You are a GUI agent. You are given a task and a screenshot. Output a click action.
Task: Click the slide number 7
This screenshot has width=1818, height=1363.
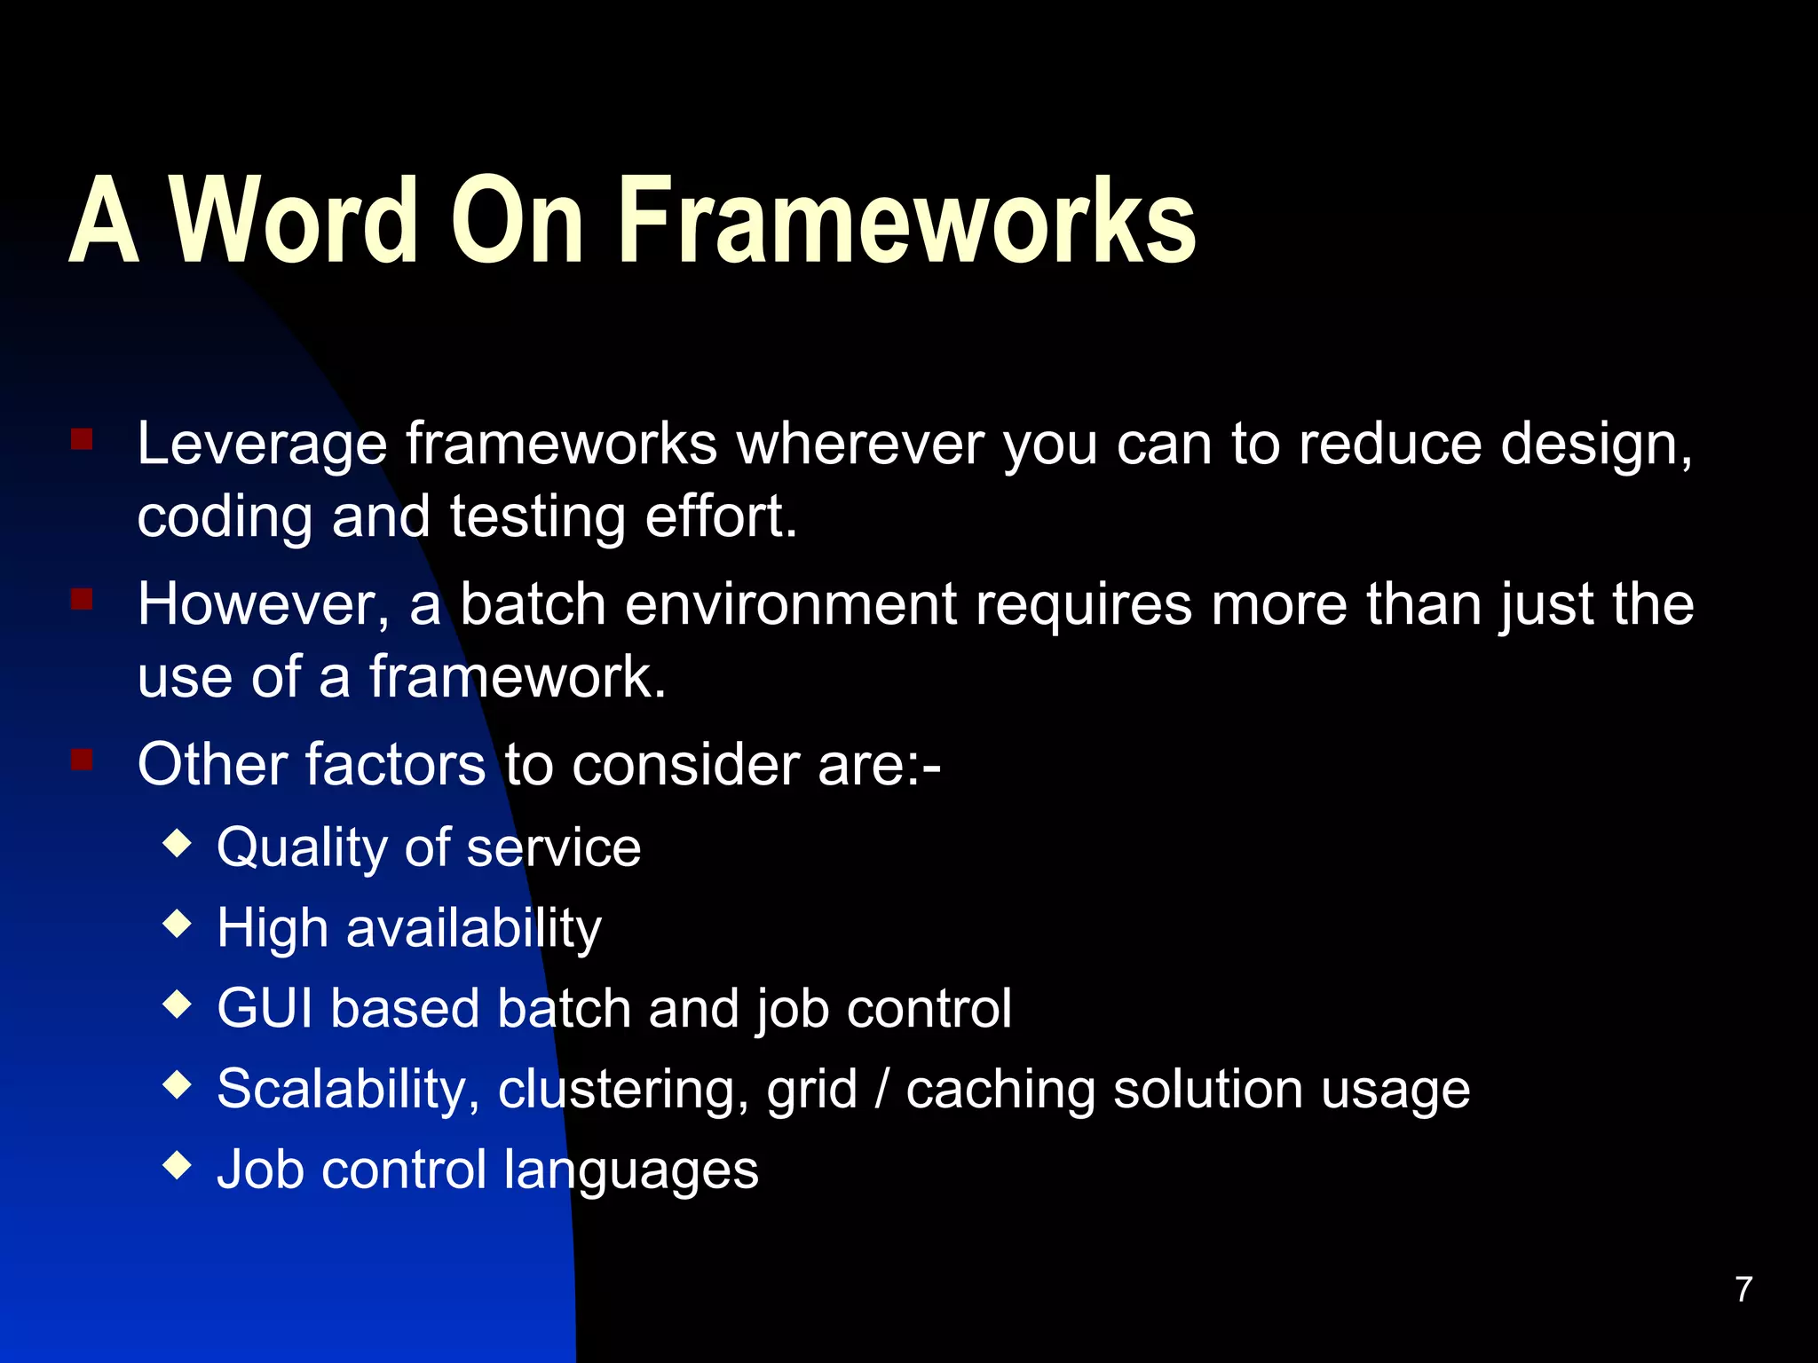point(1743,1289)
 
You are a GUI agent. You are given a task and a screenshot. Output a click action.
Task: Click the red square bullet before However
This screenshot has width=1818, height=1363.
point(82,600)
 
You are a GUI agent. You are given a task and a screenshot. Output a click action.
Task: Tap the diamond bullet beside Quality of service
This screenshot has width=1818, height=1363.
point(178,842)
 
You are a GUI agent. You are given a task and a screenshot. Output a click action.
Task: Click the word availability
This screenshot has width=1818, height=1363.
point(473,929)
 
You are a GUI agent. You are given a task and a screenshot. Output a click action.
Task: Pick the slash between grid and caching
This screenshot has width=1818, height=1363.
point(881,1090)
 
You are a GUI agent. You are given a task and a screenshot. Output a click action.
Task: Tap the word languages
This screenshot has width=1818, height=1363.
point(631,1170)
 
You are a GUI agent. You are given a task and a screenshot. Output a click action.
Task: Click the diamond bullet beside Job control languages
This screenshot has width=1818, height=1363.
point(178,1164)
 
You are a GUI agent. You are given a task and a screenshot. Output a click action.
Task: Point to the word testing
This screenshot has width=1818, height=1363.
point(537,517)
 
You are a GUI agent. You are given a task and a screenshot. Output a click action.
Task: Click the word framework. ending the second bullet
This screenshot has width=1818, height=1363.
point(517,677)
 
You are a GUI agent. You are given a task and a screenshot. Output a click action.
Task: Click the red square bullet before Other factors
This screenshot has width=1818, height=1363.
point(82,760)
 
